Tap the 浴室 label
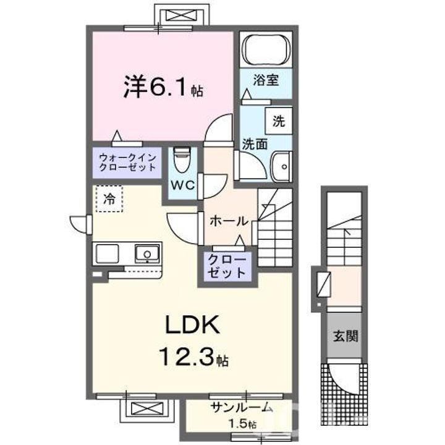coord(265,80)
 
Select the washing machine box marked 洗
coord(279,121)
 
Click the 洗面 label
coord(254,143)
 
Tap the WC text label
coord(182,185)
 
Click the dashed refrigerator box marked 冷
coord(109,199)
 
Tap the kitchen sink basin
coord(147,252)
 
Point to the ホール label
coord(229,221)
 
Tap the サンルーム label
coord(242,407)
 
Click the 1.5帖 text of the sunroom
coord(242,423)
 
